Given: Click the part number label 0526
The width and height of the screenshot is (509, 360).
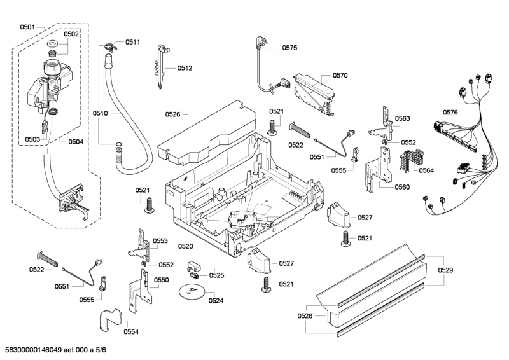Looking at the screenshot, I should pos(173,114).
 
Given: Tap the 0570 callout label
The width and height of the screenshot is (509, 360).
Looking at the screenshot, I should pos(340,75).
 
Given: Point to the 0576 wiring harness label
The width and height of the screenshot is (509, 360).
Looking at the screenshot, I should pos(450,113).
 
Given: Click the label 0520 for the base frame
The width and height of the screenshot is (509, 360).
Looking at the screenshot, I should pos(186,246).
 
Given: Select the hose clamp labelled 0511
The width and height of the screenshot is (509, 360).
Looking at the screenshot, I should pos(109,45).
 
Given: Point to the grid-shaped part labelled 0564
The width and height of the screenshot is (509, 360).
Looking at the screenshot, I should pos(407,162).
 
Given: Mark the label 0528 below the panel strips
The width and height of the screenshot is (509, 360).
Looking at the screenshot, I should pos(305,315).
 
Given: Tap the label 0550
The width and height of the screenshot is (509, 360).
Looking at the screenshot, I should pos(162,280).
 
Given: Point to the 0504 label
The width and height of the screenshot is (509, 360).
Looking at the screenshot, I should pos(76,142).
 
